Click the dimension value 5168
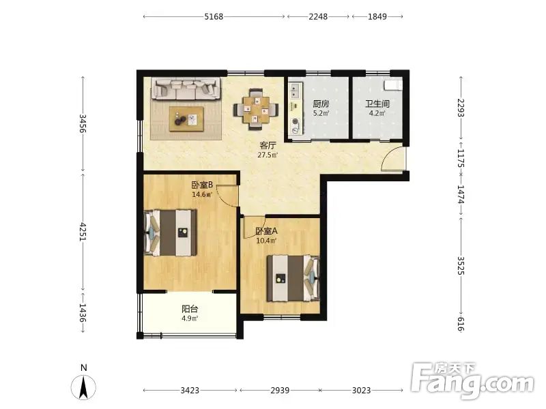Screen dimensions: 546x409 [214, 16]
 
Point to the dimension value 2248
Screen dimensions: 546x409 [318, 16]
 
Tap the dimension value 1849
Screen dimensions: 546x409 [377, 16]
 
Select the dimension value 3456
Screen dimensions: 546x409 [83, 123]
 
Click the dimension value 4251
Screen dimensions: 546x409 [83, 232]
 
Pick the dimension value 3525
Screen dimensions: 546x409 [461, 265]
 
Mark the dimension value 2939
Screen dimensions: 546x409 [280, 390]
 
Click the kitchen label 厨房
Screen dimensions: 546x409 [321, 104]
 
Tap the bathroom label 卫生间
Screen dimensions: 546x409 [377, 104]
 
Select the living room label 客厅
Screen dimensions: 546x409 [268, 145]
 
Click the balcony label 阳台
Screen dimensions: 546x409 [190, 309]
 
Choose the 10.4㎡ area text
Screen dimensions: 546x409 [266, 241]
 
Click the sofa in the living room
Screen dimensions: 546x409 [186, 89]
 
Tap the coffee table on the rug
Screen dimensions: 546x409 [186, 119]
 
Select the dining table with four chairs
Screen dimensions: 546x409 [256, 109]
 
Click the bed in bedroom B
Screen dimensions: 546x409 [171, 232]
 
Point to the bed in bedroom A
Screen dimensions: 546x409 [293, 278]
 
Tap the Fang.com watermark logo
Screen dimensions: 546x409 [472, 381]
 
